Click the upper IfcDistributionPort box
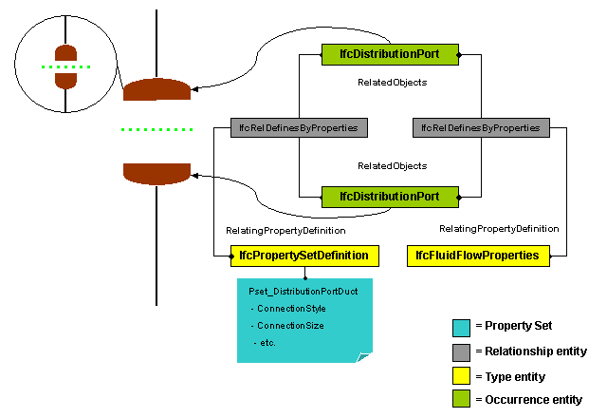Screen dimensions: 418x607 (390, 54)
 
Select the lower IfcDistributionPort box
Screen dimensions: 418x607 (390, 197)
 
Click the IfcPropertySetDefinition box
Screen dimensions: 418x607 (305, 256)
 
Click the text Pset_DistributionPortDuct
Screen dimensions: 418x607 (303, 292)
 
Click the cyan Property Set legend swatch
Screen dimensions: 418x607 (461, 328)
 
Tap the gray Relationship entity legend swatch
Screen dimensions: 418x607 (461, 351)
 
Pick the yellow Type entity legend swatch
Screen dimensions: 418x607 (461, 375)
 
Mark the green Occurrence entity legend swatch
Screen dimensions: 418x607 (461, 399)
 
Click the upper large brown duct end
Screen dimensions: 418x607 (156, 90)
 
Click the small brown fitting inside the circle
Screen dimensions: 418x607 (64, 66)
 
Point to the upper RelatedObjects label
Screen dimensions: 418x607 (392, 83)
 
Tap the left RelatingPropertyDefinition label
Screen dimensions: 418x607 (285, 230)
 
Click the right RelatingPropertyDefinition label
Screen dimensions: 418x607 (499, 229)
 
